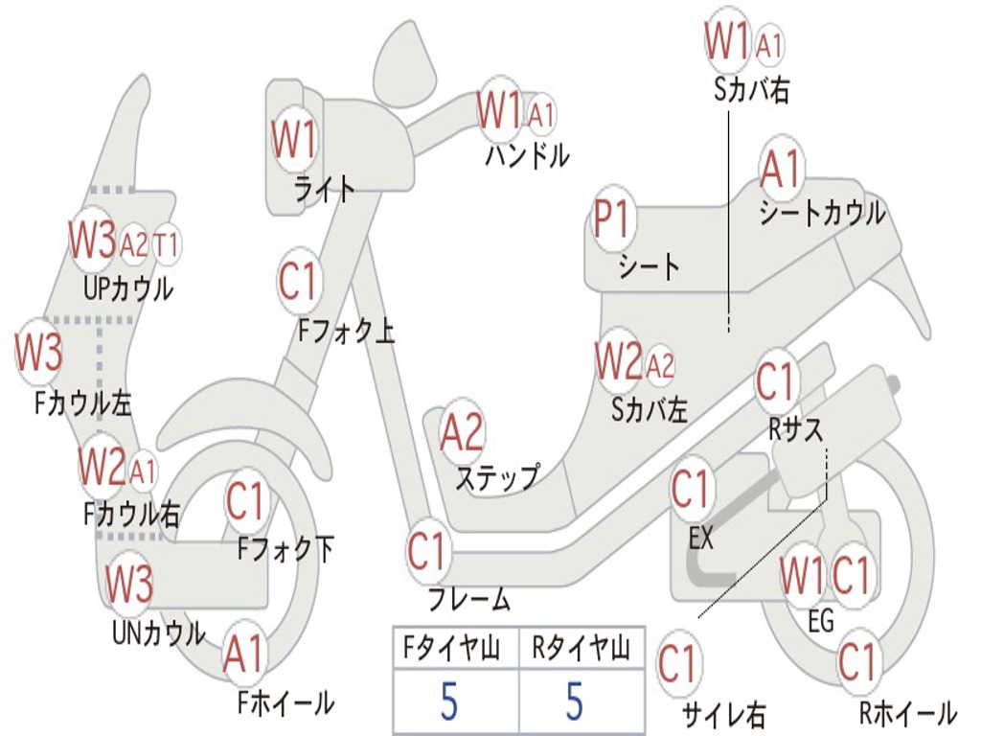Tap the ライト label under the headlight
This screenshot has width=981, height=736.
[324, 189]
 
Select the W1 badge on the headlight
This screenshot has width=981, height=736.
[294, 141]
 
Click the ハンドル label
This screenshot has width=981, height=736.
[527, 154]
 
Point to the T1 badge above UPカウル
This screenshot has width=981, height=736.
[167, 244]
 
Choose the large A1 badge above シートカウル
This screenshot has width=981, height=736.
[781, 171]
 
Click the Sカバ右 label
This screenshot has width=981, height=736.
[752, 90]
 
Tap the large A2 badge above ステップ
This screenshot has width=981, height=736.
[463, 433]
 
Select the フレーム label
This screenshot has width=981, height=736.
[469, 601]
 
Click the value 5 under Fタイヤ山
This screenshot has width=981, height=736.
[449, 701]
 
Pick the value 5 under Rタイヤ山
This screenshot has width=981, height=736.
[574, 701]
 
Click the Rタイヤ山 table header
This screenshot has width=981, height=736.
[581, 651]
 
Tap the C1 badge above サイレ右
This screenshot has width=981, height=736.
[678, 664]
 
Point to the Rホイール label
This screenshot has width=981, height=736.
[907, 713]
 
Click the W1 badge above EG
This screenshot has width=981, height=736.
[801, 577]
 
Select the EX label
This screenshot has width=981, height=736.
[700, 539]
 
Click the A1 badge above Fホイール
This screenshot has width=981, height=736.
[242, 655]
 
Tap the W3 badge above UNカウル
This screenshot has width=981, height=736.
[128, 584]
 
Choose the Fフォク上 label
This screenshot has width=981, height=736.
[346, 332]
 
